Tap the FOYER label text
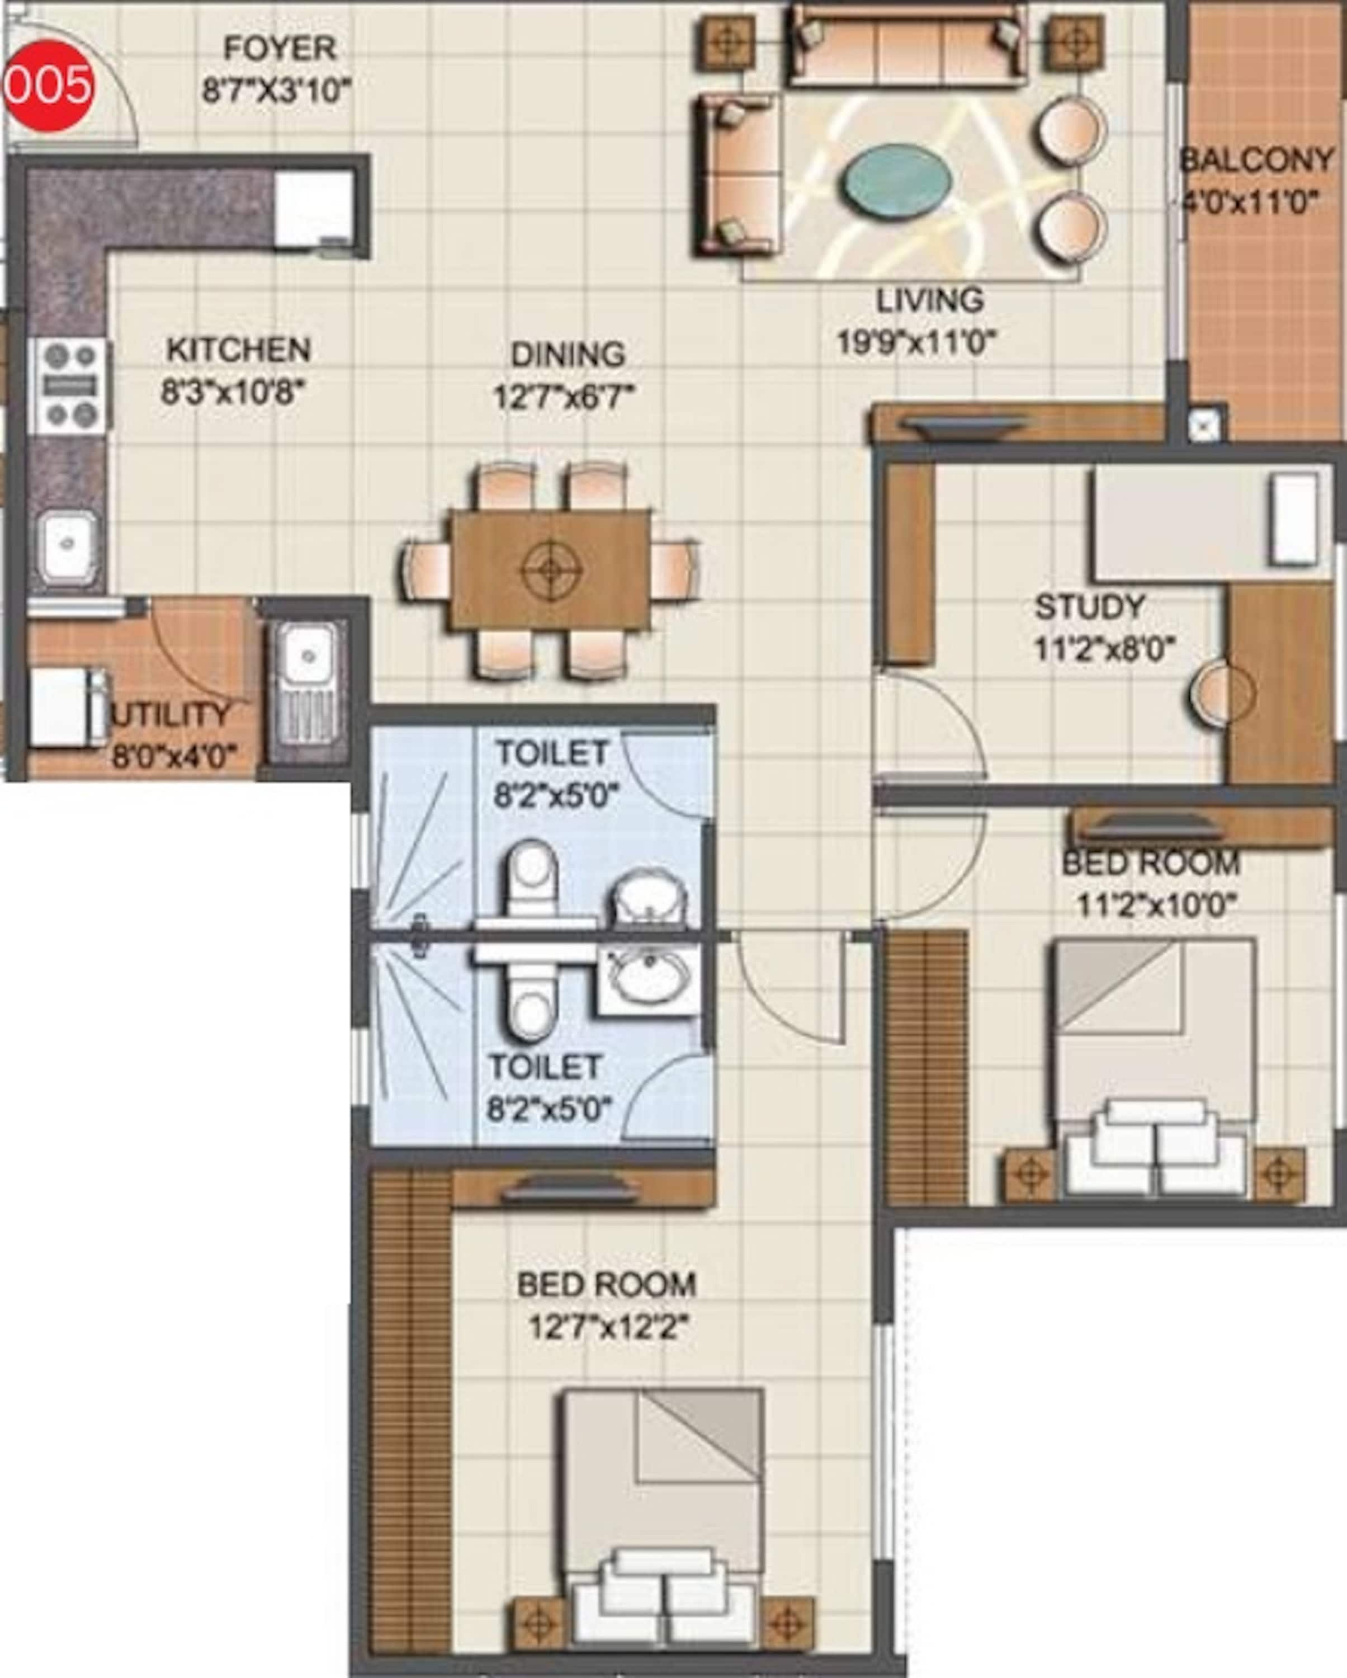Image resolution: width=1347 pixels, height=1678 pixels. (280, 48)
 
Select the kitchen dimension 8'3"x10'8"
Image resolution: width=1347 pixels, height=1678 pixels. (232, 392)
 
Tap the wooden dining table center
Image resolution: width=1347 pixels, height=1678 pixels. (550, 571)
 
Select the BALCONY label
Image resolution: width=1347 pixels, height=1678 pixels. (1255, 161)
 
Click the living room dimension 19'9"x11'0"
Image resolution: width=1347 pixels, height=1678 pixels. (916, 342)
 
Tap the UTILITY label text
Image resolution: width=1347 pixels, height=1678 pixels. (171, 714)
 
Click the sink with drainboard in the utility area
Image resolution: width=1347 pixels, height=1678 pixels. (305, 682)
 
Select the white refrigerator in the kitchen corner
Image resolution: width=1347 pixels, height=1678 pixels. (313, 209)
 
